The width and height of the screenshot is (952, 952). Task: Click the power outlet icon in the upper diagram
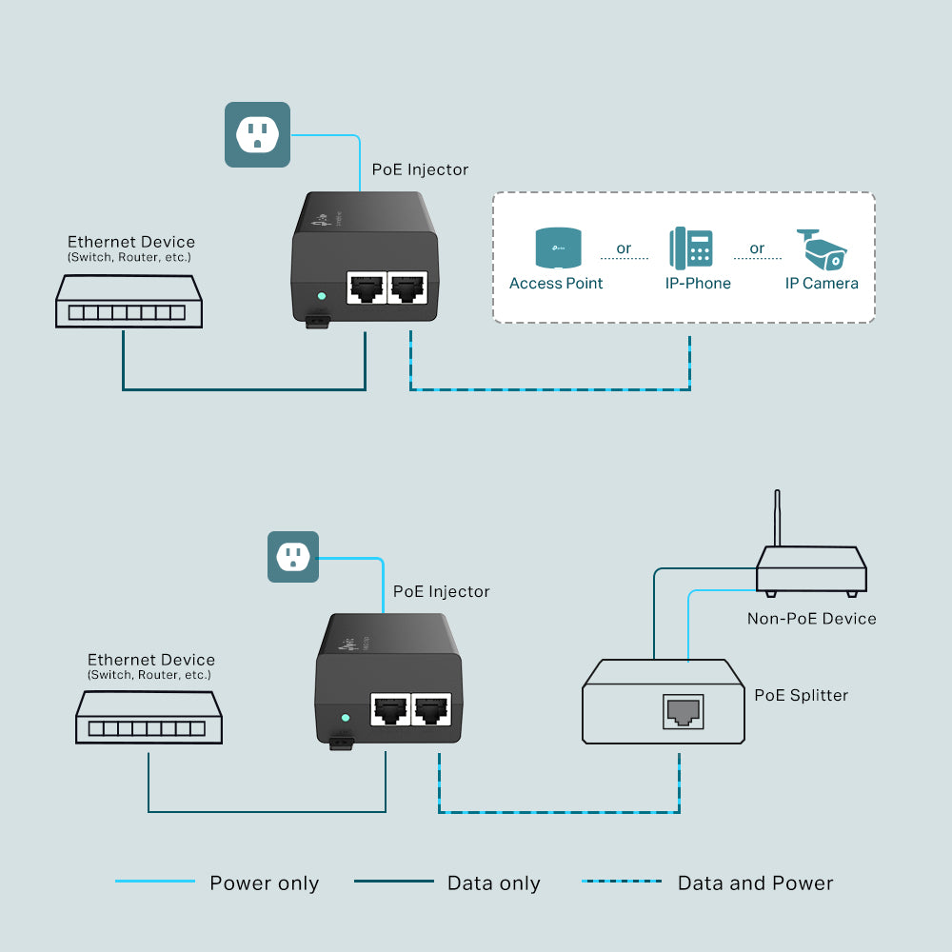tap(257, 134)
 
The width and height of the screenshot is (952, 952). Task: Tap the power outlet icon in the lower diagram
tap(293, 556)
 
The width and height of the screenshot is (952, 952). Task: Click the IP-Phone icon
tap(691, 248)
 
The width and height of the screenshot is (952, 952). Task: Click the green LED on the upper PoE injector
tap(321, 296)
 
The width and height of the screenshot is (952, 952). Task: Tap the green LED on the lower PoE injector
tap(346, 718)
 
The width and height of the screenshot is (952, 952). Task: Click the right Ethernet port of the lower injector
tap(431, 707)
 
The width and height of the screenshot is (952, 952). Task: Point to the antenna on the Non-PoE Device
tap(778, 519)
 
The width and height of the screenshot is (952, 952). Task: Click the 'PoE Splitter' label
tap(801, 695)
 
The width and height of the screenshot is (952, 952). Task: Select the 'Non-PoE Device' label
tap(811, 619)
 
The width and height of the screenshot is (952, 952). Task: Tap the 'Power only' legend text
tap(264, 883)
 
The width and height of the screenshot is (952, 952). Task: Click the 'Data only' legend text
tap(493, 883)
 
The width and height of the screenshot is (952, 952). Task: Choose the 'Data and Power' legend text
tap(755, 883)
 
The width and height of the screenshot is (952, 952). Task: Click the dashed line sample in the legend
tap(622, 882)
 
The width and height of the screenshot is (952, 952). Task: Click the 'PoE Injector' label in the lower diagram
tap(441, 591)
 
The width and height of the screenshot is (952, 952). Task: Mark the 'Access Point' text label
tap(556, 283)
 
